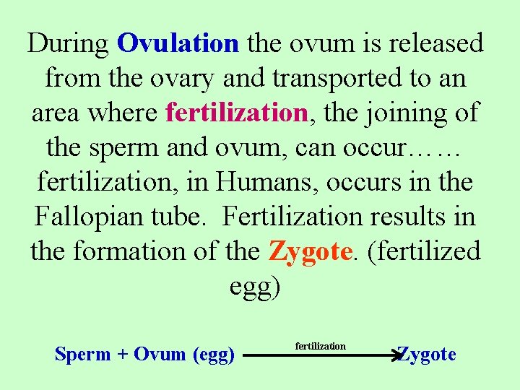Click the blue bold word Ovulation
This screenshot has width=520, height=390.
pos(177,44)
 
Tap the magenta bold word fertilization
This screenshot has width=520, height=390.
pos(237,113)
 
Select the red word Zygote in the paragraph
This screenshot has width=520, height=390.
pos(311,252)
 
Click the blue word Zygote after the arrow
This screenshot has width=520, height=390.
pos(427,355)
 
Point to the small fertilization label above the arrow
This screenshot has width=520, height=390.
pos(321,347)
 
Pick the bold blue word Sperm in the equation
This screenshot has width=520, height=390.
pos(83,355)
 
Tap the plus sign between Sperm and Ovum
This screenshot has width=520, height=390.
pos(123,355)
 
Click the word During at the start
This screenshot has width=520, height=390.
pos(69,44)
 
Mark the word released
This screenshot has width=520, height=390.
pos(433,44)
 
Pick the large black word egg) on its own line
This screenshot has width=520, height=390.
pos(255,287)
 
